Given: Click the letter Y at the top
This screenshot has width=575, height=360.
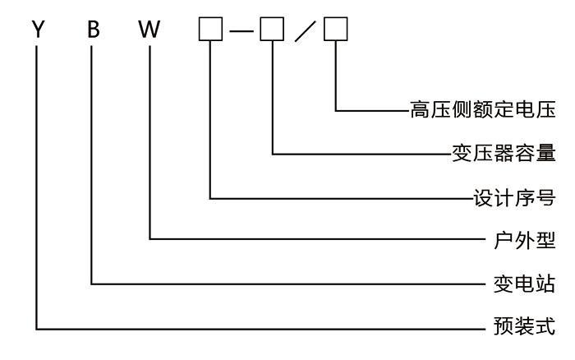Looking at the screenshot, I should (x=37, y=30).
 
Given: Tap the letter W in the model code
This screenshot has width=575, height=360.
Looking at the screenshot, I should (x=151, y=30).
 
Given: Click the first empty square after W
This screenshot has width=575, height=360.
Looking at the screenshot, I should (x=211, y=30).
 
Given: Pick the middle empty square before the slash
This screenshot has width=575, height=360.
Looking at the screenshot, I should (x=272, y=30).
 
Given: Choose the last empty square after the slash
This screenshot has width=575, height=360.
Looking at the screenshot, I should (x=336, y=30).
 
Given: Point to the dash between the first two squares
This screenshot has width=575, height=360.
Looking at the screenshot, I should (x=241, y=30).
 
